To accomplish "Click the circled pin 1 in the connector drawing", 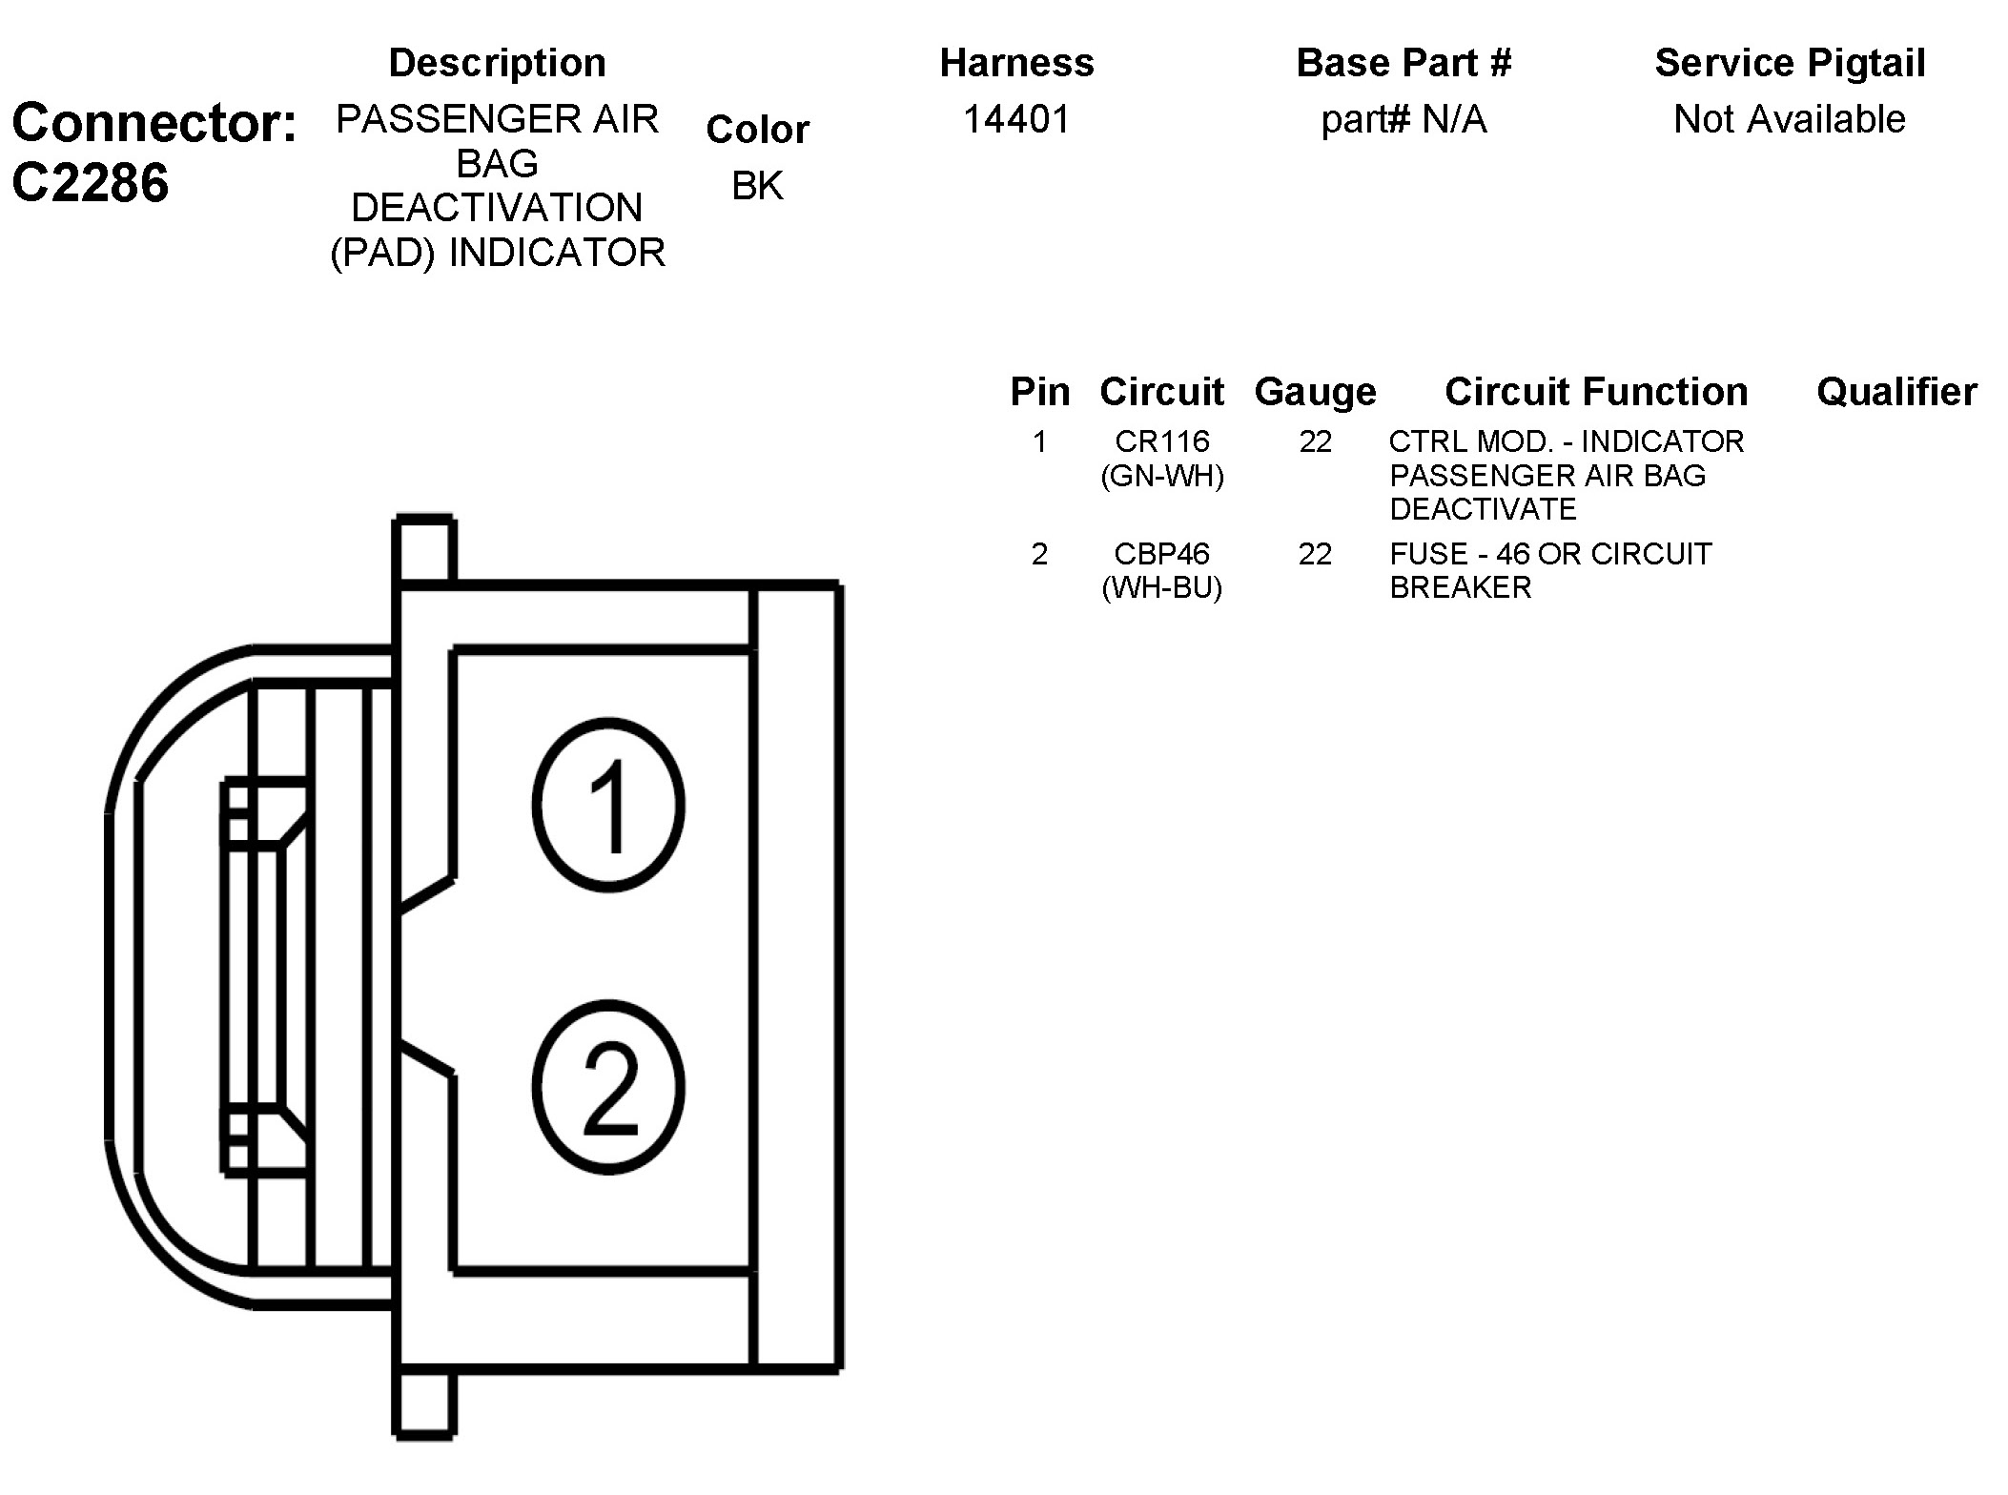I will coord(608,806).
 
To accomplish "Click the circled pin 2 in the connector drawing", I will coord(608,1087).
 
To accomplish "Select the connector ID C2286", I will coord(91,182).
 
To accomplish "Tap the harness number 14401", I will coord(1016,119).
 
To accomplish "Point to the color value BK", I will coord(757,186).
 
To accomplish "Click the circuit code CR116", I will coord(1161,441).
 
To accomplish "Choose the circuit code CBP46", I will coord(1161,554).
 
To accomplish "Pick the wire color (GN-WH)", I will coord(1161,476).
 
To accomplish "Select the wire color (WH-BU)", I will coord(1161,587).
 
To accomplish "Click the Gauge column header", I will coord(1315,392).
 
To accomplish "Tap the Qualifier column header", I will coord(1895,392).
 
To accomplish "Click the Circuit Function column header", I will coord(1595,392).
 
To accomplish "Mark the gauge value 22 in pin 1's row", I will coord(1315,441).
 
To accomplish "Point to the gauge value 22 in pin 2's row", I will coord(1315,554).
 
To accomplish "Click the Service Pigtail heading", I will coord(1790,63).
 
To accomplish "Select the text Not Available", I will coord(1789,119).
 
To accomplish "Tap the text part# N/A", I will coord(1404,119).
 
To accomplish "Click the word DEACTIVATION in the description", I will coord(497,208).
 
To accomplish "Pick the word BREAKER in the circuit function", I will coord(1460,587).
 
